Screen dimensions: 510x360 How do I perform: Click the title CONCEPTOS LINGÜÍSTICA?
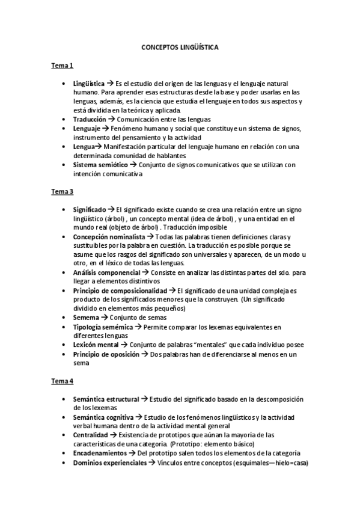pos(180,46)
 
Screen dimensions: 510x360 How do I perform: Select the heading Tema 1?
pos(61,66)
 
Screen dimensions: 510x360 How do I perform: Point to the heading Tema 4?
pos(61,381)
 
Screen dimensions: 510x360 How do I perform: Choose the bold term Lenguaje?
pos(87,129)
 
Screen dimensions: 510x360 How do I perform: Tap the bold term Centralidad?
pos(90,435)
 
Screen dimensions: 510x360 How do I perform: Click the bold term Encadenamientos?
pos(100,453)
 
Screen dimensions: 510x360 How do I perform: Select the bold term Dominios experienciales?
pos(109,462)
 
